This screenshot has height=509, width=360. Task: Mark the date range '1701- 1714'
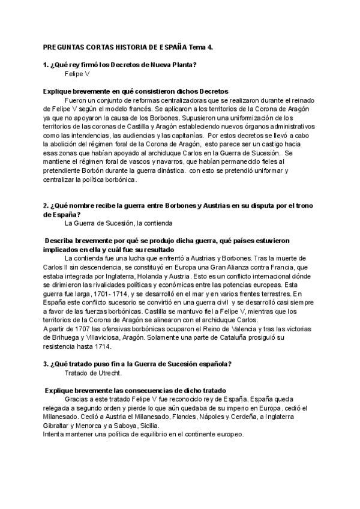pyautogui.click(x=110, y=294)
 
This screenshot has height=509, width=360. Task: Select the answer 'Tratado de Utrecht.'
pyautogui.click(x=92, y=373)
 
